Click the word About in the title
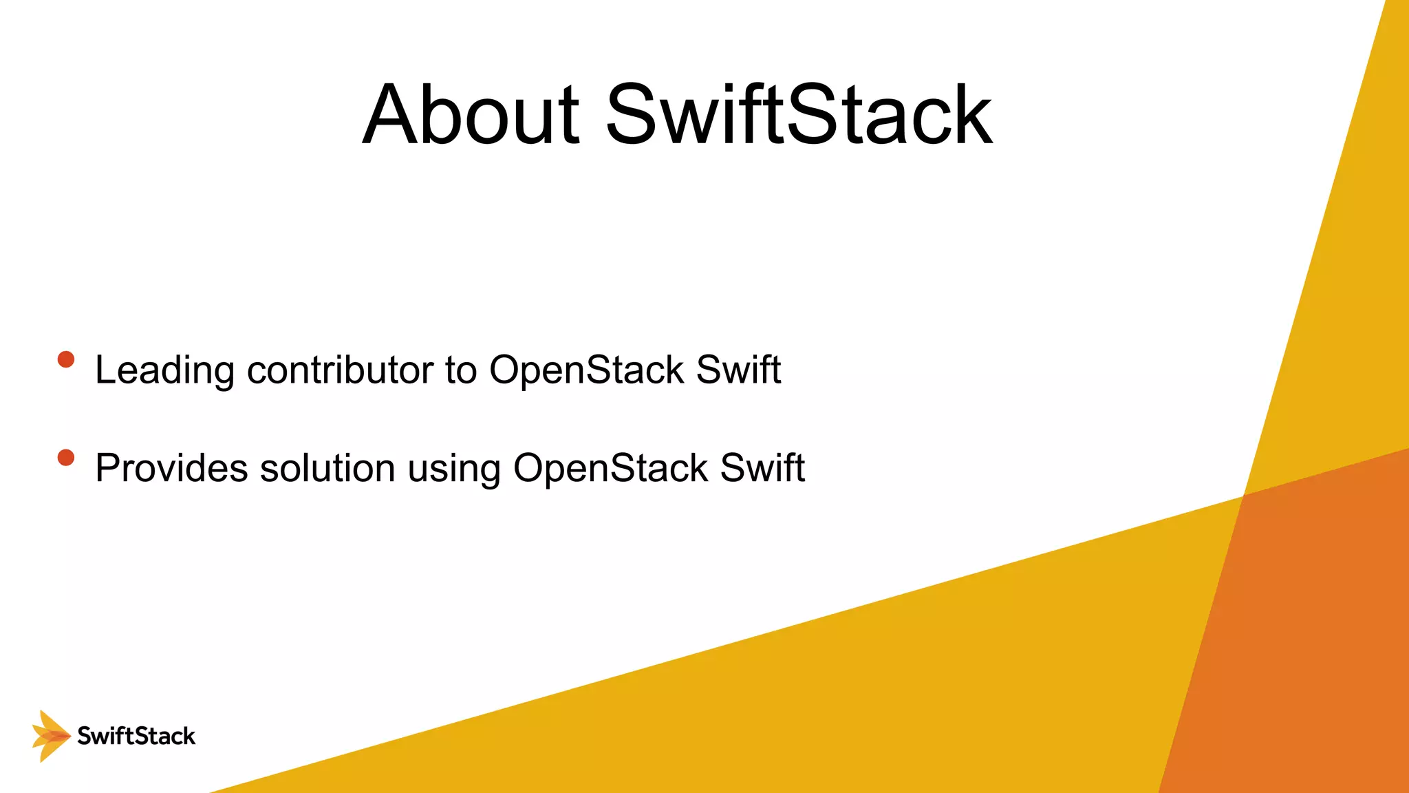point(471,115)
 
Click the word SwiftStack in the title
point(799,115)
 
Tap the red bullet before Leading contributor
point(66,359)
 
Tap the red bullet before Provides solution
point(66,458)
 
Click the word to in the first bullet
point(460,370)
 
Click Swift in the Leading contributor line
point(738,370)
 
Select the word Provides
point(171,468)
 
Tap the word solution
point(327,468)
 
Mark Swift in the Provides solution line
point(762,468)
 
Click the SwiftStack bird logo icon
point(50,736)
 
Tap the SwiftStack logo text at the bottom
point(136,736)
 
